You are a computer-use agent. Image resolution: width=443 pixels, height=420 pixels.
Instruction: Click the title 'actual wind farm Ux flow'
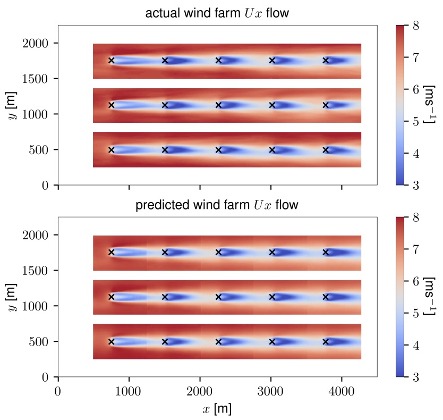tap(217, 13)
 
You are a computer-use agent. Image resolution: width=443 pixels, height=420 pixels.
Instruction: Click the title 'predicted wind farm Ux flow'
tap(217, 205)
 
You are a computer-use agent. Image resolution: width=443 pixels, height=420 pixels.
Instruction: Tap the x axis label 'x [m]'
tap(217, 409)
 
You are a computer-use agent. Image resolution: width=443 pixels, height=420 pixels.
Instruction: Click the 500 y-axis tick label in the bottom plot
tap(40, 342)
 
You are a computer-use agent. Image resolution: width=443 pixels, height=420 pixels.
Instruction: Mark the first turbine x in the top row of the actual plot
tap(111, 61)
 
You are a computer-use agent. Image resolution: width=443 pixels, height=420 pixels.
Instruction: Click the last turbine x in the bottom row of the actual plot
tap(326, 150)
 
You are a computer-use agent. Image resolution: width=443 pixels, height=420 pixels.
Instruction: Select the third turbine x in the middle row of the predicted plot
tap(218, 297)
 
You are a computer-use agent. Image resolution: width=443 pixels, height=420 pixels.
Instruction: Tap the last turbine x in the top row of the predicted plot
tap(326, 252)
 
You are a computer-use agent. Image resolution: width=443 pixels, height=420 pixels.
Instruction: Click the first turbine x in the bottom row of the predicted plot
tap(111, 342)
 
